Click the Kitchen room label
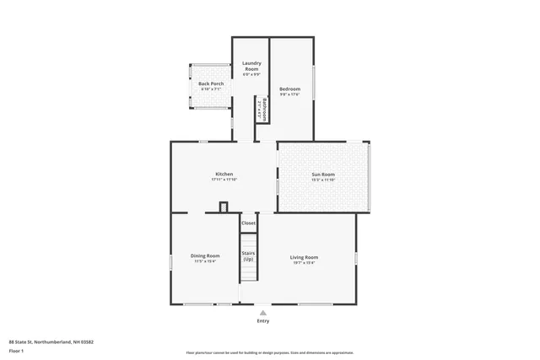(x=223, y=174)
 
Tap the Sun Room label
(x=323, y=174)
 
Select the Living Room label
(x=304, y=257)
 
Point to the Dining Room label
(x=205, y=255)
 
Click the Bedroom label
(x=289, y=89)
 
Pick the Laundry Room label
(x=251, y=66)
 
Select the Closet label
(x=248, y=223)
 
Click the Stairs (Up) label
(x=248, y=255)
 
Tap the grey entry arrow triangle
(x=263, y=313)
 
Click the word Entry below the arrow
(x=263, y=321)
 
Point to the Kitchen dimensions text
(x=223, y=180)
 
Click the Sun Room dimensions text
(x=323, y=180)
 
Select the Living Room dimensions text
(x=304, y=262)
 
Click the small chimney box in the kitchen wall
(x=224, y=207)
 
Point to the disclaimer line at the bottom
(x=270, y=352)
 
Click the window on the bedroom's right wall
(x=314, y=83)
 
